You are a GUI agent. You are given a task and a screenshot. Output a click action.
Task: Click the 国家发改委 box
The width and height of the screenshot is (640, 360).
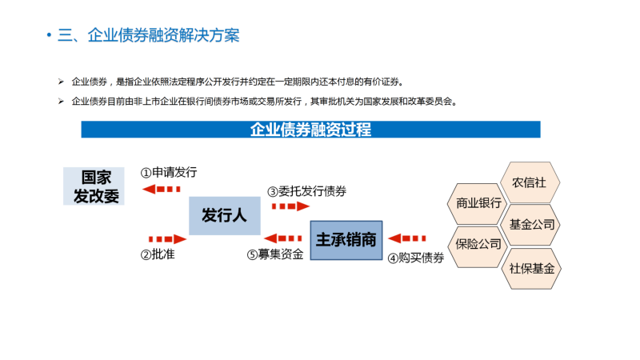tap(94, 186)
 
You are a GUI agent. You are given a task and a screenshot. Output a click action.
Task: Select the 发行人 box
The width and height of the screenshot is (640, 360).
tap(225, 215)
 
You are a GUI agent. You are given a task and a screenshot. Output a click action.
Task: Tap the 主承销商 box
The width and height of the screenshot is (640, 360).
tap(346, 240)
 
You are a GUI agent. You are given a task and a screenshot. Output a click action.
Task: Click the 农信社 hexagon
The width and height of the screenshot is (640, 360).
tap(530, 182)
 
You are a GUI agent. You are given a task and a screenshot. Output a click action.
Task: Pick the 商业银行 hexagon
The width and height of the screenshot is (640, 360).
tap(478, 203)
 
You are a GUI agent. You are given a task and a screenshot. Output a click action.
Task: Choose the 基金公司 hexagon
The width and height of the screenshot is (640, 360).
tap(530, 225)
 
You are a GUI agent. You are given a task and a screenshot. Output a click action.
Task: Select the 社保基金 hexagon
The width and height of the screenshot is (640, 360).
tap(531, 269)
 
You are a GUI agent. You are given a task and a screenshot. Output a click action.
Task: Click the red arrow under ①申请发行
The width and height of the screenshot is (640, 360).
tap(162, 189)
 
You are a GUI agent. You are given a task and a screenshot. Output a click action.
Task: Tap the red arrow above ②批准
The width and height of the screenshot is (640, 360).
tap(168, 238)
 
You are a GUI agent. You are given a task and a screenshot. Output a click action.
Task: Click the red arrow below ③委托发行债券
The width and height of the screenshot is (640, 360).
tap(290, 206)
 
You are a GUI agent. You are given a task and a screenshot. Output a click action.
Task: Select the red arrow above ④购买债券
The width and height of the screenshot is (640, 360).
tap(407, 238)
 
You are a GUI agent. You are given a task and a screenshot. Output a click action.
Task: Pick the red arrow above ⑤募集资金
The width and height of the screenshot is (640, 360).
tap(283, 238)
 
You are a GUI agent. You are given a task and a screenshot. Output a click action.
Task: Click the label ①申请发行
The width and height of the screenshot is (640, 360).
tap(169, 172)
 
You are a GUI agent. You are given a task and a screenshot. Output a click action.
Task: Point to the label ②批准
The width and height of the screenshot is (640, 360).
tap(158, 254)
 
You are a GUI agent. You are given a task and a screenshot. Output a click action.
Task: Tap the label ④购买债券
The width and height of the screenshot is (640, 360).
tap(415, 258)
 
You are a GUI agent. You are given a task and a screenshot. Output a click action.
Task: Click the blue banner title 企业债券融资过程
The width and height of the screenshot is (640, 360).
tap(310, 130)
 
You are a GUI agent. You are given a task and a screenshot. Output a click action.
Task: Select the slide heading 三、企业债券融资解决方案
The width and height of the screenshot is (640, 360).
tap(149, 35)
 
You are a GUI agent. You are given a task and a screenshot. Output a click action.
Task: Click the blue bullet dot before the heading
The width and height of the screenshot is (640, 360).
tap(49, 35)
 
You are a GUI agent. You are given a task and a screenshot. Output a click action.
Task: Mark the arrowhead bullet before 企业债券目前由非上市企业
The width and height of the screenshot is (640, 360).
tap(61, 102)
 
